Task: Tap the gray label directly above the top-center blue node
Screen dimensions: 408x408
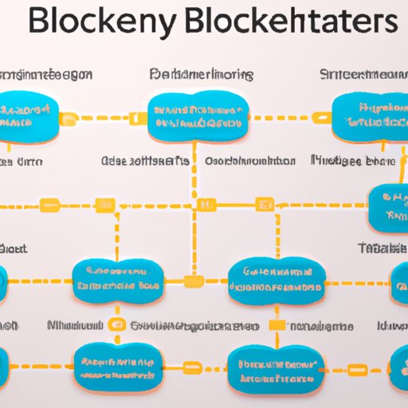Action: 202,75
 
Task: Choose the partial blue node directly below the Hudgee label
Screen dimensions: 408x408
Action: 389,207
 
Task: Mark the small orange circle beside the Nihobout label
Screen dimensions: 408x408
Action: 116,325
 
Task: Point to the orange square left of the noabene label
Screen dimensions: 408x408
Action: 277,325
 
